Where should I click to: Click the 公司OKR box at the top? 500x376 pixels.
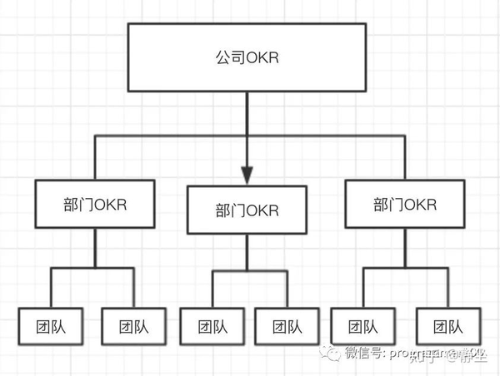click(247, 58)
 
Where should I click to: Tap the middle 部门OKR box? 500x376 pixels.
click(247, 210)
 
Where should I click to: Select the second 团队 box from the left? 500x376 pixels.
click(133, 326)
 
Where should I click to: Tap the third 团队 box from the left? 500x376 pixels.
click(212, 326)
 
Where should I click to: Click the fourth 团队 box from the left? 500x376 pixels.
click(285, 326)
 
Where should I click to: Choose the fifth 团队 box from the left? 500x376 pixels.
click(362, 326)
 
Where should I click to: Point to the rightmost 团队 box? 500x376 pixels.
click(447, 326)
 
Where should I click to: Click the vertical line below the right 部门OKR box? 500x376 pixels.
click(403, 247)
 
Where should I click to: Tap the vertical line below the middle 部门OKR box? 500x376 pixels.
click(247, 251)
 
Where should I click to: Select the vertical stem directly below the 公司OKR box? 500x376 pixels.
click(247, 112)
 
